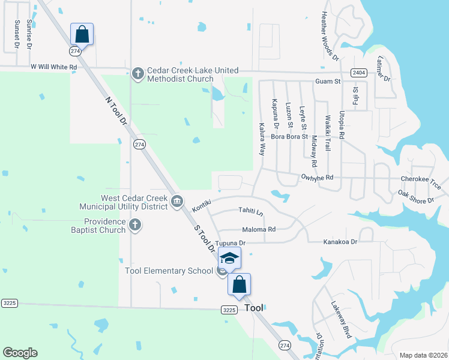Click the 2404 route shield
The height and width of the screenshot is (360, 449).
coord(359,72)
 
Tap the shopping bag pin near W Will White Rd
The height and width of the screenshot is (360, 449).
coord(82,34)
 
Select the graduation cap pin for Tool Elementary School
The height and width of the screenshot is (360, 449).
coord(229,258)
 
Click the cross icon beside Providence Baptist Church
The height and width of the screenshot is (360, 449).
coord(135,225)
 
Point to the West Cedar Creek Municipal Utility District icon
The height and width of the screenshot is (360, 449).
coord(176,201)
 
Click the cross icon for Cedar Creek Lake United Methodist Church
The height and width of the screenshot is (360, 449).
coord(137,73)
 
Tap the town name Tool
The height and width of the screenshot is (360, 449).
coord(255,308)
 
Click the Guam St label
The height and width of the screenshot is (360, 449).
coord(328,81)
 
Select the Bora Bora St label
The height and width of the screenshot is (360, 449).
coord(289,136)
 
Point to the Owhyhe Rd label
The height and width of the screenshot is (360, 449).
coord(317,178)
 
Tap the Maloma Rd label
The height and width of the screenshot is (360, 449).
coord(259,229)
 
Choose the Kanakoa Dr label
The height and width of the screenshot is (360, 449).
coord(340,241)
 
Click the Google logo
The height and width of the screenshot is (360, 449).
coord(20,353)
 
